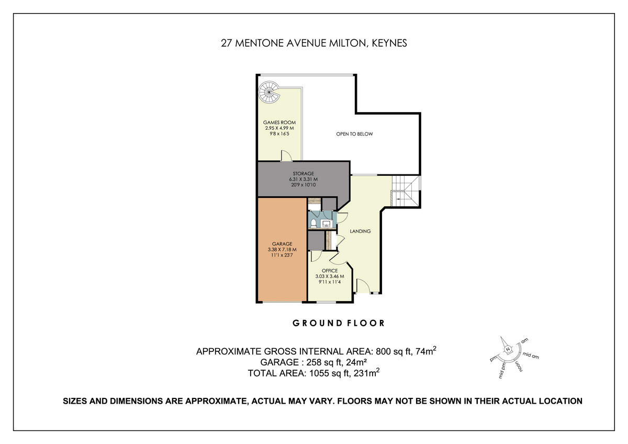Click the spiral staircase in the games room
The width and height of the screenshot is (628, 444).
click(269, 92)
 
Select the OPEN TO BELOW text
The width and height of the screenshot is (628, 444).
click(354, 134)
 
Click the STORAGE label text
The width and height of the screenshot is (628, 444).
click(303, 173)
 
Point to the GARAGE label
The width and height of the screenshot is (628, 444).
click(282, 243)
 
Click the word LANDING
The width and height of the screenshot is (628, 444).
click(360, 231)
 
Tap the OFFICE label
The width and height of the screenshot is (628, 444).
click(330, 271)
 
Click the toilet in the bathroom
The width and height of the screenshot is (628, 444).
click(313, 224)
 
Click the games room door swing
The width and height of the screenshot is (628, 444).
click(286, 156)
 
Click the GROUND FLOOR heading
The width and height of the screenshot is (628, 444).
click(338, 323)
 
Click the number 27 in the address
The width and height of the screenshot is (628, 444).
click(226, 43)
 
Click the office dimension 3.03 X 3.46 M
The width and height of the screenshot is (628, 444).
click(330, 276)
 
